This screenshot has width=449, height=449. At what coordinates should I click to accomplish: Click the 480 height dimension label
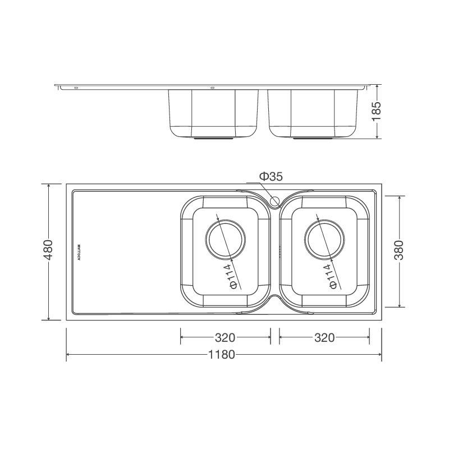49,250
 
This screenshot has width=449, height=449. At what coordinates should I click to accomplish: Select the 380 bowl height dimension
399,250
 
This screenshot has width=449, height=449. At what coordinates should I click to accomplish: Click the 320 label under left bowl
224,337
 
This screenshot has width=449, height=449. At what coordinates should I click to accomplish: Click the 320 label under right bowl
324,337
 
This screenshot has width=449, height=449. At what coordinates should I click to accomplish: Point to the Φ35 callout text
271,177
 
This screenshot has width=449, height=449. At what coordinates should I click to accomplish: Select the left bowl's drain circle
225,240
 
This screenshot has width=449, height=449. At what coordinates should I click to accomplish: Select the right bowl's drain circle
324,240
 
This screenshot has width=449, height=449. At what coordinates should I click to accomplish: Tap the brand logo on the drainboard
79,251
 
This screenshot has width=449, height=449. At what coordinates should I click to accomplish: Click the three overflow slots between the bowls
279,251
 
